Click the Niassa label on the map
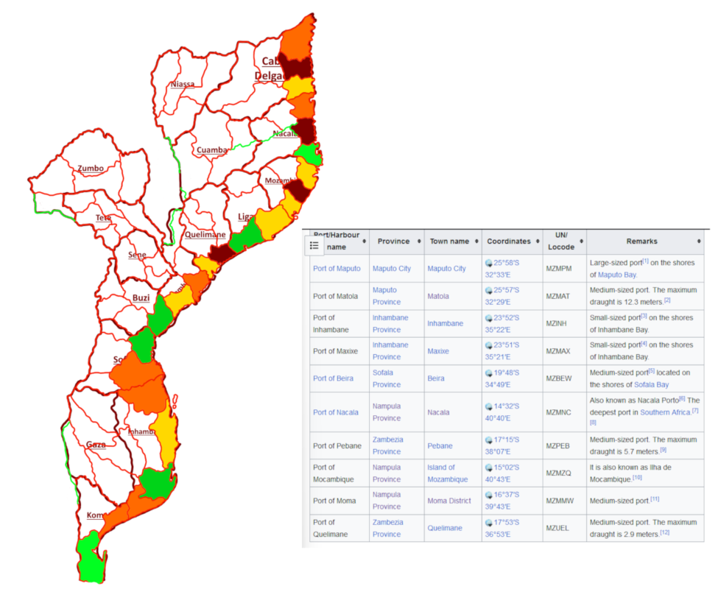(x=183, y=84)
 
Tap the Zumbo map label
(x=91, y=169)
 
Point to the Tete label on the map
(x=103, y=218)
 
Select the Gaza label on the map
(x=96, y=445)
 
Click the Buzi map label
(x=141, y=298)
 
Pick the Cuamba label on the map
(x=212, y=150)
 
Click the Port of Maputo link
(x=337, y=269)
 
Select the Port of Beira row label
(x=333, y=378)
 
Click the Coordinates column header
(x=508, y=241)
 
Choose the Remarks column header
(x=641, y=241)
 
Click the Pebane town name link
(x=440, y=446)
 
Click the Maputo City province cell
(x=392, y=269)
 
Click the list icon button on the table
(x=314, y=245)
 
